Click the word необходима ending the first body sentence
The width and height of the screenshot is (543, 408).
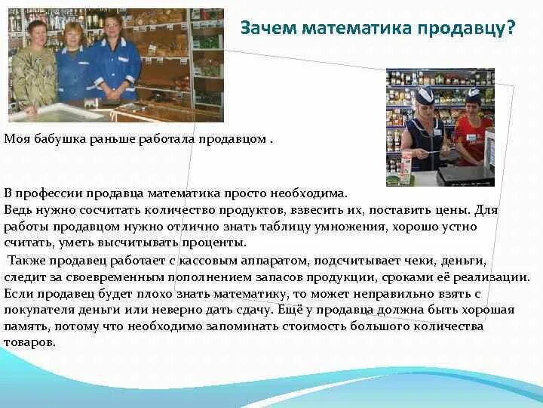click(311, 194)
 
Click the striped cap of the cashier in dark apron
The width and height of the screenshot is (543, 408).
click(425, 94)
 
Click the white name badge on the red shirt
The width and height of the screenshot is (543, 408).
click(474, 138)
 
